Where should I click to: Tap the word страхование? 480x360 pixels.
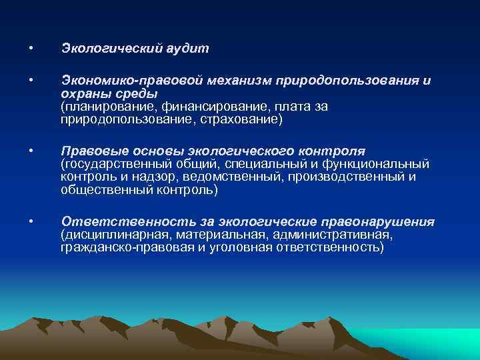click(x=245, y=119)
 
